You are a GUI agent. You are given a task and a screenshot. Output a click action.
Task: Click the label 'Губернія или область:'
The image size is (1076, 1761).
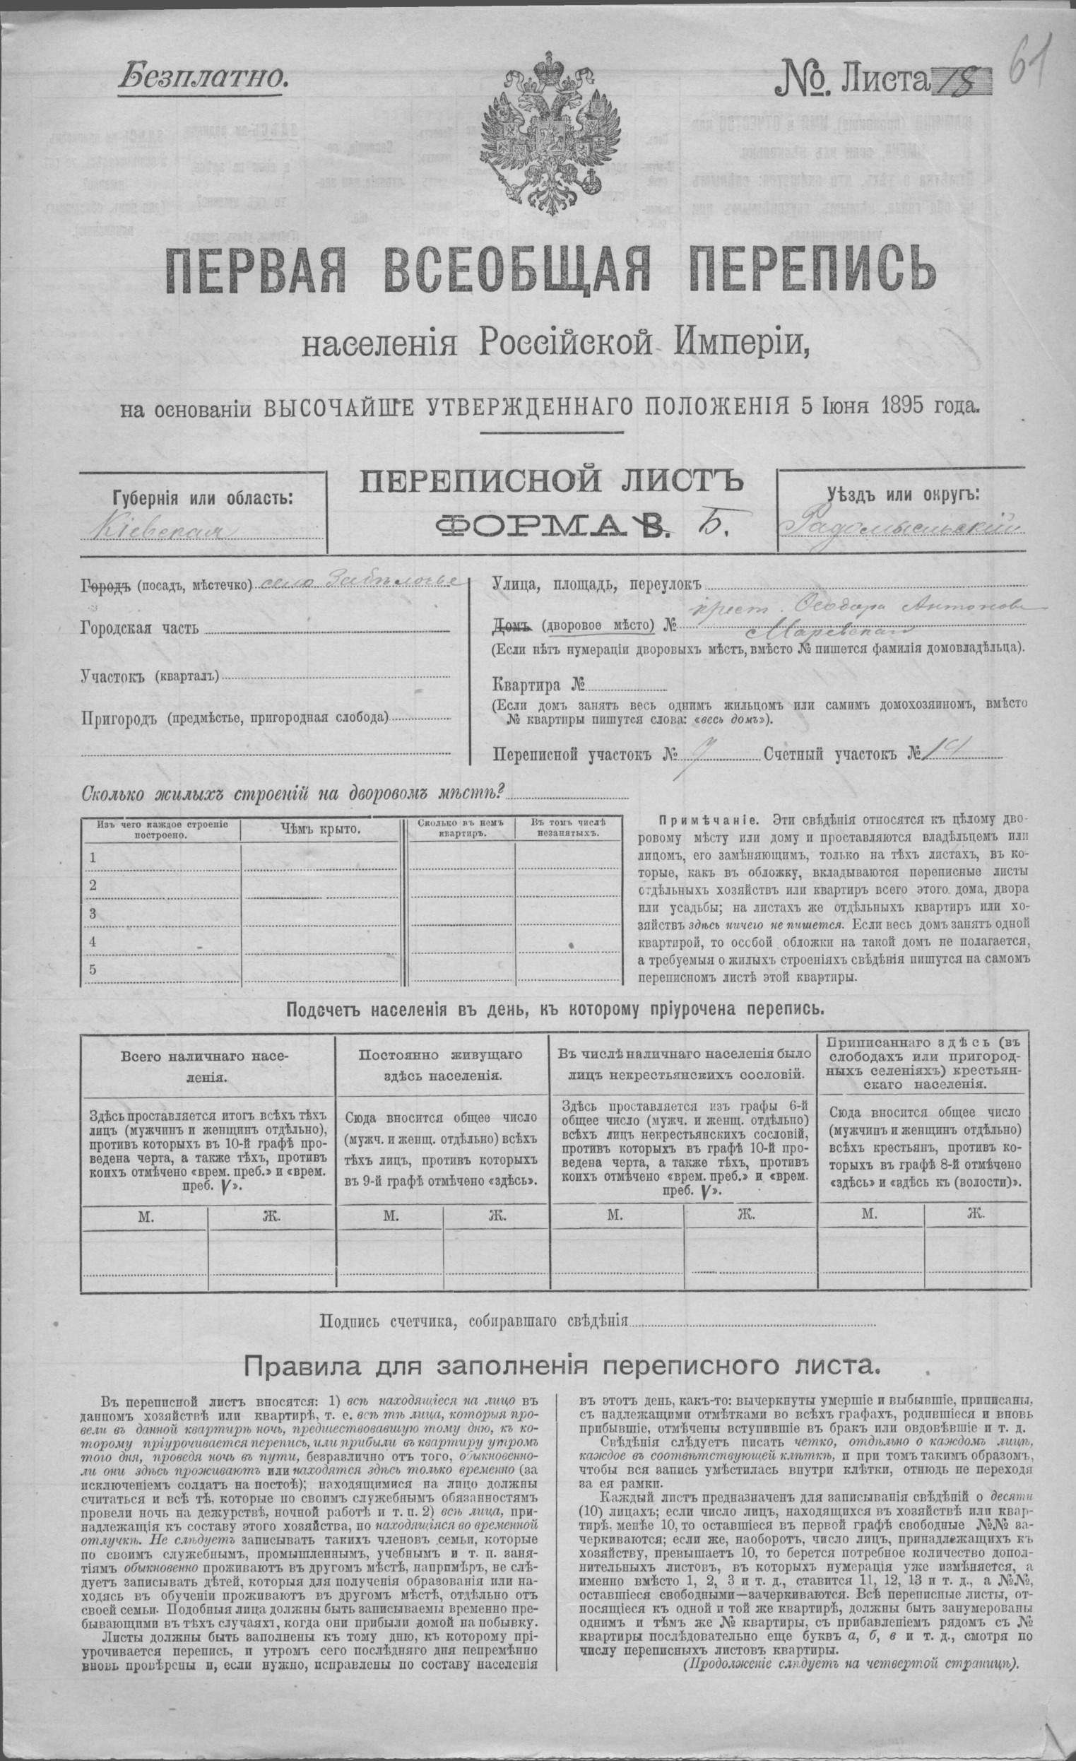click(202, 497)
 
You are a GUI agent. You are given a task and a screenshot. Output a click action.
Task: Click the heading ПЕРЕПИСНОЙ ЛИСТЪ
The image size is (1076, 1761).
click(550, 484)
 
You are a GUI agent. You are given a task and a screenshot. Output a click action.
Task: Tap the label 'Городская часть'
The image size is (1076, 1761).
click(139, 629)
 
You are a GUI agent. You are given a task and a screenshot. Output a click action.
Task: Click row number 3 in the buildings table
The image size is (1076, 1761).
click(91, 914)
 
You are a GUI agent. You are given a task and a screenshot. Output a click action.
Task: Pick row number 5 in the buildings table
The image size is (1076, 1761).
click(91, 969)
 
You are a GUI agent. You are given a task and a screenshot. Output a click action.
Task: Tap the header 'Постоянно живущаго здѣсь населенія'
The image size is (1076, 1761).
click(441, 1064)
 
